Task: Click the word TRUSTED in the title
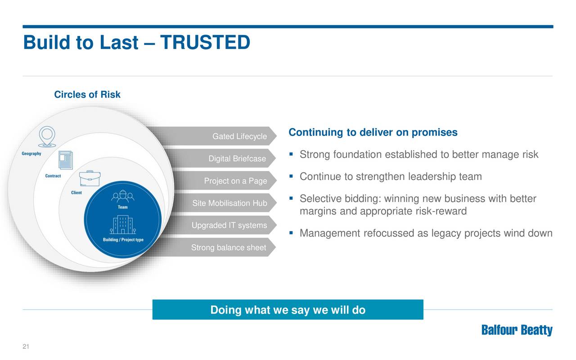[205, 42]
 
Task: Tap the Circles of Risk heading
[87, 94]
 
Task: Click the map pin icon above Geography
[47, 136]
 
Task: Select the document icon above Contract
[66, 160]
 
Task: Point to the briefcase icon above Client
[90, 178]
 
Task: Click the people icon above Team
[123, 197]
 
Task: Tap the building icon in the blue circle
[123, 225]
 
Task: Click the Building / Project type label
[123, 240]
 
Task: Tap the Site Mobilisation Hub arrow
[224, 203]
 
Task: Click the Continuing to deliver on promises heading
[373, 132]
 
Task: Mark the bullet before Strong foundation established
[291, 154]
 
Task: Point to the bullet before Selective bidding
[291, 198]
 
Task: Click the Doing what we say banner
[288, 310]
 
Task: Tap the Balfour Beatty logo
[517, 330]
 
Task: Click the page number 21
[26, 346]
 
